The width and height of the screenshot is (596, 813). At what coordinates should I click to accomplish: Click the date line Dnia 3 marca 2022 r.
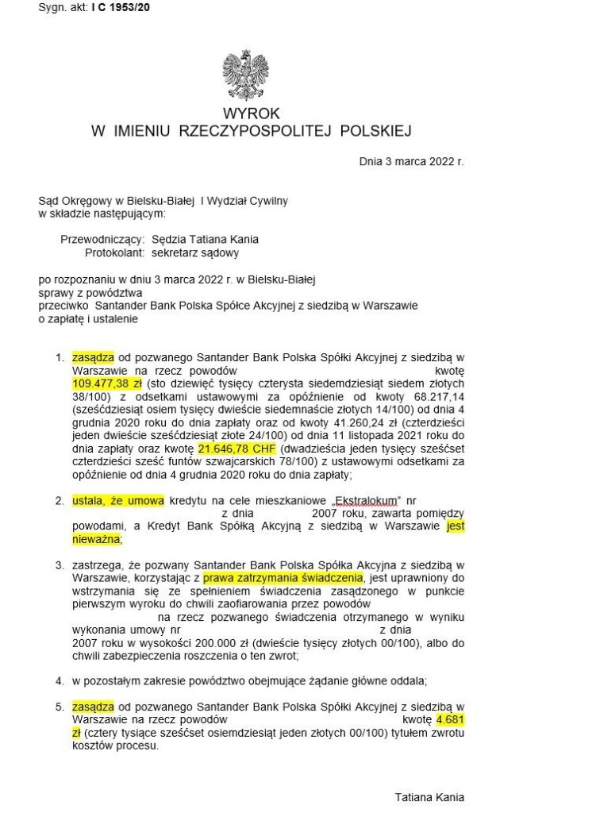pyautogui.click(x=411, y=161)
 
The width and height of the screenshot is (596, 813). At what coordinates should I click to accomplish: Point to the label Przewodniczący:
pyautogui.click(x=102, y=239)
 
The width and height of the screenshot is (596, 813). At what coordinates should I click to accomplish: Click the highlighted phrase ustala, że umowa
pyautogui.click(x=117, y=501)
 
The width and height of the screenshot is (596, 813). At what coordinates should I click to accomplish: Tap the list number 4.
pyautogui.click(x=60, y=680)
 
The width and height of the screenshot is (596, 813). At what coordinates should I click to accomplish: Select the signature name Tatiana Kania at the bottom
pyautogui.click(x=429, y=797)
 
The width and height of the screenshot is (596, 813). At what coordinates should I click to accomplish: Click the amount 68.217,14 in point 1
pyautogui.click(x=436, y=395)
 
